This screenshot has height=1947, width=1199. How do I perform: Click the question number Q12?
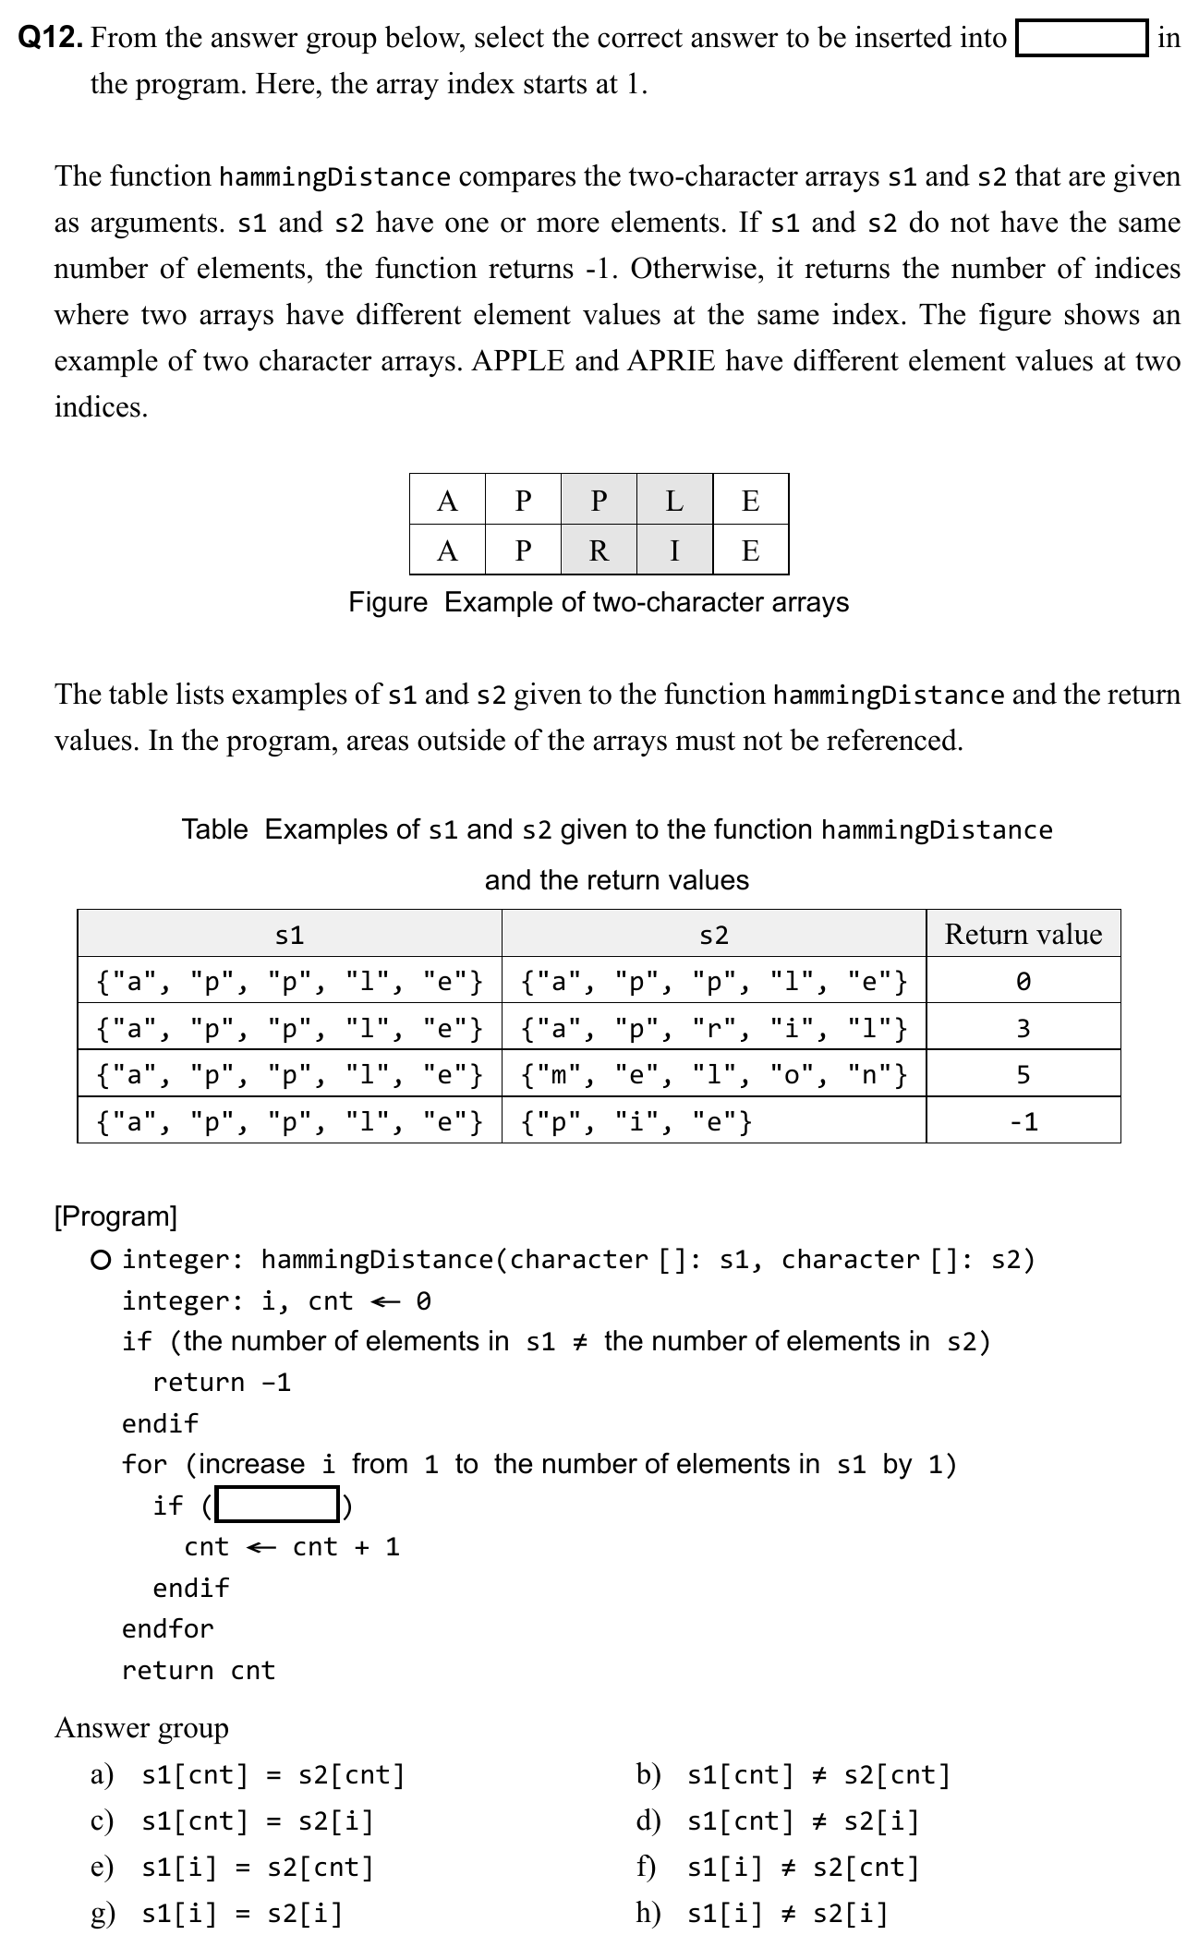[52, 38]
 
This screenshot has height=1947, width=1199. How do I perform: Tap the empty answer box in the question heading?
[1081, 38]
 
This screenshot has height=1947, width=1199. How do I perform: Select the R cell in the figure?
[599, 550]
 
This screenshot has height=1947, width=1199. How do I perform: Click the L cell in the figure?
[674, 500]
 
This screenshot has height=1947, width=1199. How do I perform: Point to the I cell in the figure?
[674, 550]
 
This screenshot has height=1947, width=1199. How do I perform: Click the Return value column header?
[1023, 934]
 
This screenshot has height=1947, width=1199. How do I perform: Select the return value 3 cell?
[1023, 1027]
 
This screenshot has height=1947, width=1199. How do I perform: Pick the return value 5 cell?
[1023, 1074]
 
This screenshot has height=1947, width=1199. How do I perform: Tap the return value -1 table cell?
[1023, 1121]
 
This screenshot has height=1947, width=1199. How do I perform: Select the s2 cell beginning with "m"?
[713, 1074]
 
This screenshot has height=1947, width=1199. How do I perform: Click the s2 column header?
[713, 934]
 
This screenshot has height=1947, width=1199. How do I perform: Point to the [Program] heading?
[115, 1216]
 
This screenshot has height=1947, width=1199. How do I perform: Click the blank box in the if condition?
[277, 1505]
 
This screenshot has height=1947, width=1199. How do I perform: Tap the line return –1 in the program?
[222, 1383]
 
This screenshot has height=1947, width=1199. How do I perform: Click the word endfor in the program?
[167, 1628]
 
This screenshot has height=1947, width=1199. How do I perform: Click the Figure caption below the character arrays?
[599, 602]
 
